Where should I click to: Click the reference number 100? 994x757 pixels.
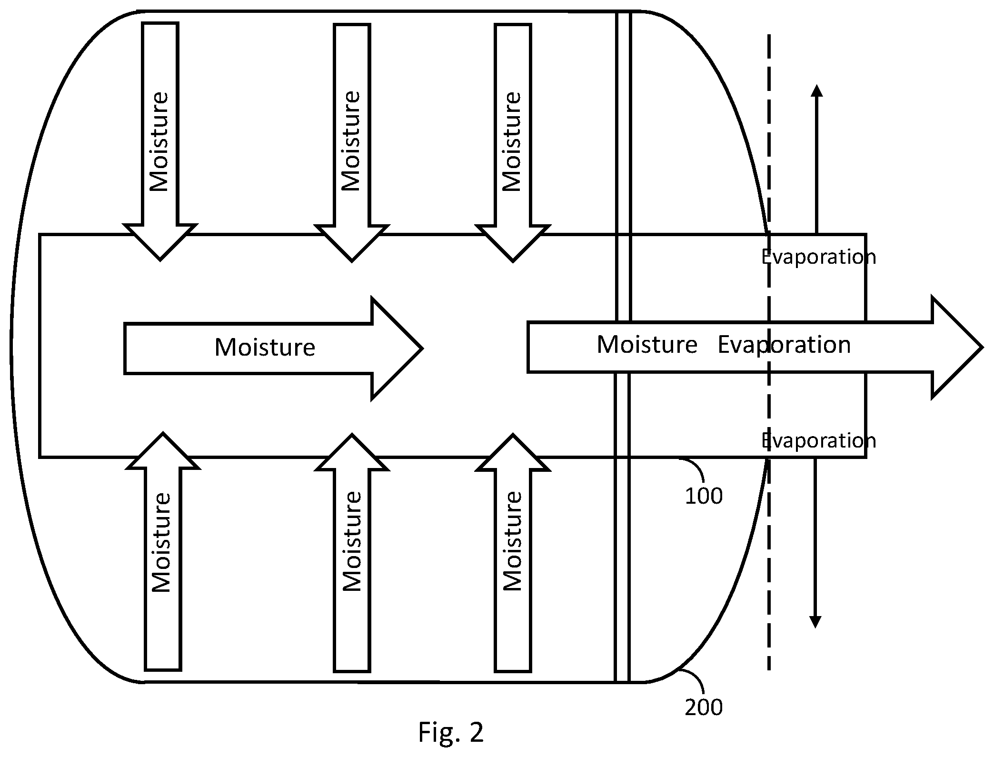click(x=704, y=496)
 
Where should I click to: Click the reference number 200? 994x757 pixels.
click(x=704, y=707)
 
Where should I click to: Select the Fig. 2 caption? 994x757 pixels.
click(x=451, y=732)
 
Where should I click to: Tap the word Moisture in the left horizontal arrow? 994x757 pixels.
click(x=265, y=348)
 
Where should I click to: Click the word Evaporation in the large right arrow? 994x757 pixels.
click(x=784, y=345)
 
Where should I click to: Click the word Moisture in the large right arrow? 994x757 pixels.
click(x=647, y=345)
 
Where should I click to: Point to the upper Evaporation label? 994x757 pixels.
click(x=818, y=257)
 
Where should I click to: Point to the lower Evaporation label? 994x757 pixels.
click(x=818, y=441)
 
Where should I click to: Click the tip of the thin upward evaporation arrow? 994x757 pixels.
click(x=817, y=85)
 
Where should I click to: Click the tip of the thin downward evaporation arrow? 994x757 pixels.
click(x=815, y=628)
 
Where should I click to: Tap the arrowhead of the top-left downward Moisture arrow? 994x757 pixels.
click(x=160, y=242)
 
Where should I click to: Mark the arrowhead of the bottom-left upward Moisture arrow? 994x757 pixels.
click(x=163, y=451)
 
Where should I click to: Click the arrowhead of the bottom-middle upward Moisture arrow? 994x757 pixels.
click(x=352, y=452)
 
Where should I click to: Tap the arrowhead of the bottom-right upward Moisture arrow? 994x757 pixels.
click(x=513, y=452)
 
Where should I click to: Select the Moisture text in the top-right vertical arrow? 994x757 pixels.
click(x=512, y=141)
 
